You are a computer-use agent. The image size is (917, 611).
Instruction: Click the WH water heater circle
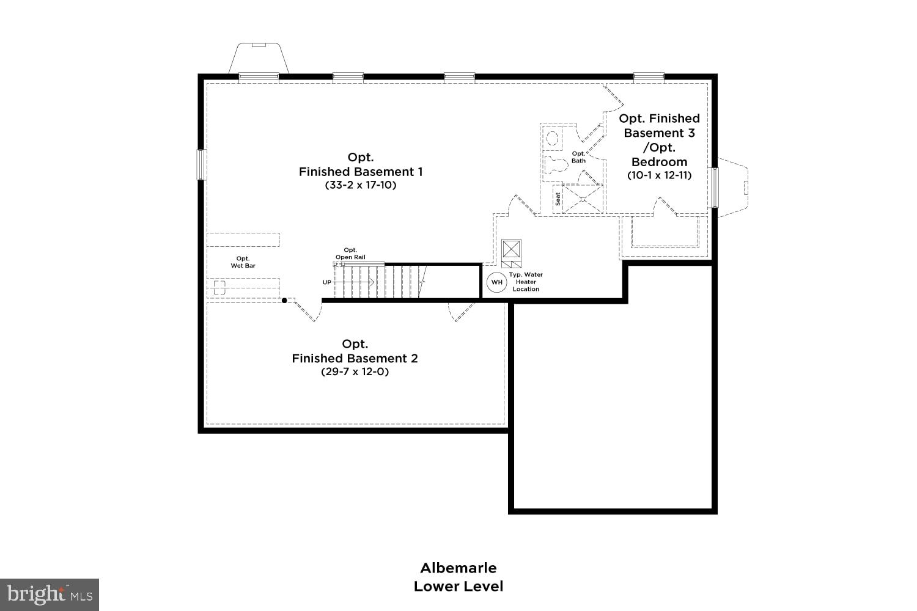click(x=496, y=282)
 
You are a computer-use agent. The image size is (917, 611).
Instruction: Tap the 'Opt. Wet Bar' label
click(x=243, y=262)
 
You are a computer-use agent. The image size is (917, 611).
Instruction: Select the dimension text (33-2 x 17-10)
click(x=361, y=185)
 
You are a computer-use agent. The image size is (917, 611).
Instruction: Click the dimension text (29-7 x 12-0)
click(x=355, y=371)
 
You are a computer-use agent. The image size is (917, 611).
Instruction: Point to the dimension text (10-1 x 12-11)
click(x=659, y=175)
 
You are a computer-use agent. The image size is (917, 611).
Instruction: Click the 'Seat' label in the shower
click(x=558, y=199)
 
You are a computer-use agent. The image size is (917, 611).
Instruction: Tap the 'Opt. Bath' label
click(x=578, y=157)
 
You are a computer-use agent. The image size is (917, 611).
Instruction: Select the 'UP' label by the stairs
click(x=327, y=282)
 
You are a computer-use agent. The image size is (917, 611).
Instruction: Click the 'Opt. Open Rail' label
click(x=350, y=254)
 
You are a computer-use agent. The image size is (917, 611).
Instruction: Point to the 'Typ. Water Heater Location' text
click(x=526, y=282)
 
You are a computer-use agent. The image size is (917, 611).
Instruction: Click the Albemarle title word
click(x=458, y=568)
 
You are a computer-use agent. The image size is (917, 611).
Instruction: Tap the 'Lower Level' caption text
click(x=458, y=587)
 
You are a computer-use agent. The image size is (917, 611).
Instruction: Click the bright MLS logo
click(x=49, y=594)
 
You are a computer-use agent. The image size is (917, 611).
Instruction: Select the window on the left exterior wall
click(x=200, y=164)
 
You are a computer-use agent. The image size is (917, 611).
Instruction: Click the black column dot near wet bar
click(x=284, y=301)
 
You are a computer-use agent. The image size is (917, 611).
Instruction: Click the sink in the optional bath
click(x=553, y=138)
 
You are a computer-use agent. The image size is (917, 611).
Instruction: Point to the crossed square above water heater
click(x=511, y=249)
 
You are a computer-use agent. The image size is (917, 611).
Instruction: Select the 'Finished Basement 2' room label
click(x=355, y=358)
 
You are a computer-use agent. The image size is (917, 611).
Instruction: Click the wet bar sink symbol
click(x=219, y=287)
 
